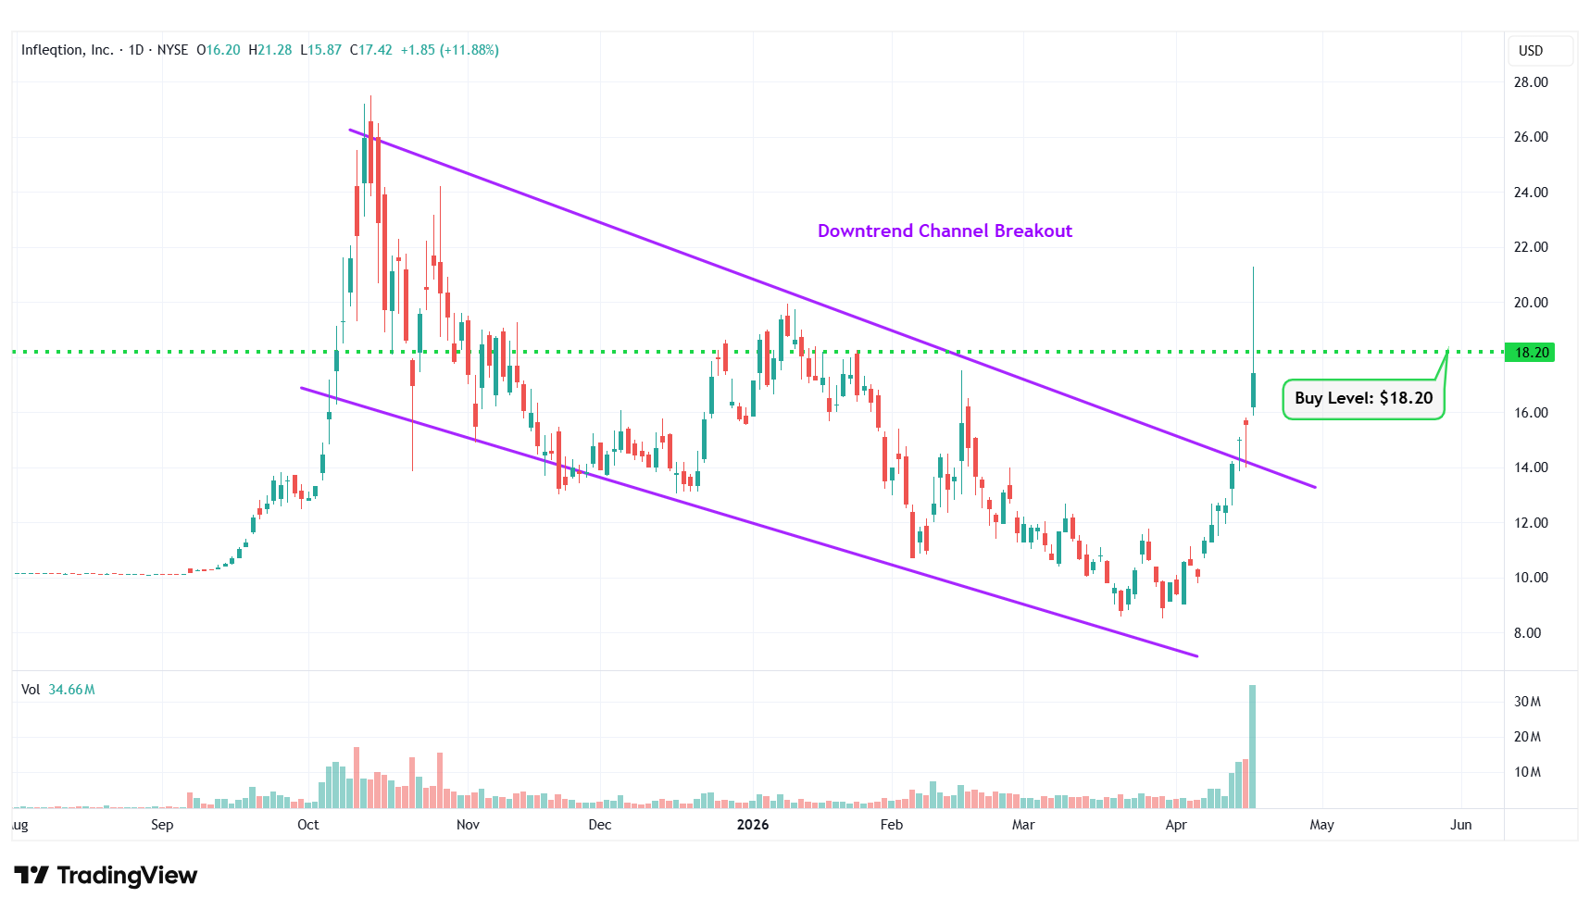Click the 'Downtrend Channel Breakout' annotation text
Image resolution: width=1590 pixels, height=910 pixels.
[945, 231]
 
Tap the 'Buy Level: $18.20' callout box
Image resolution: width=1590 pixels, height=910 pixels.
[1363, 398]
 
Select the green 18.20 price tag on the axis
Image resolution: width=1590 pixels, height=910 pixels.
[1530, 352]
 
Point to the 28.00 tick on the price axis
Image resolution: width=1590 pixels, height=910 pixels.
[1530, 82]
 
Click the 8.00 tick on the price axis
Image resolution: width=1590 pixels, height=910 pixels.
[1527, 633]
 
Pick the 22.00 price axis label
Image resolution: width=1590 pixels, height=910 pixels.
[1530, 247]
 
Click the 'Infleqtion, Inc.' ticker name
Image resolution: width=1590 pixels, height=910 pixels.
[68, 50]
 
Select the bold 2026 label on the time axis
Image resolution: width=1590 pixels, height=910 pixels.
[752, 825]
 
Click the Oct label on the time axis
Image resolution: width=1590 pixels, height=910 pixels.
[307, 825]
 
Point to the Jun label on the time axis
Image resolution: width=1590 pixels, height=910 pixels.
[1460, 825]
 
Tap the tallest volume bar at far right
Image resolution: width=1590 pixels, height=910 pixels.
[1252, 746]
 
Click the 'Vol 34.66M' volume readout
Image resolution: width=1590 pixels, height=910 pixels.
[58, 690]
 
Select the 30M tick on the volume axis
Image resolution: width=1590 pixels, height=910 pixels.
[1527, 702]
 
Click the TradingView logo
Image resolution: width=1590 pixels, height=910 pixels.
[106, 875]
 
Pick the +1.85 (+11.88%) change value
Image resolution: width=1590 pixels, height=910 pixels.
[449, 50]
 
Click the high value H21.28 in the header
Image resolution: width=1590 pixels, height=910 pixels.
[269, 50]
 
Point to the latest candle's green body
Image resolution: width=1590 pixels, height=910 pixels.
[1253, 390]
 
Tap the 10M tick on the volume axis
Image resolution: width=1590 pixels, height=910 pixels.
[1527, 772]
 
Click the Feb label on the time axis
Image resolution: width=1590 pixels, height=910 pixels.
[891, 825]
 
